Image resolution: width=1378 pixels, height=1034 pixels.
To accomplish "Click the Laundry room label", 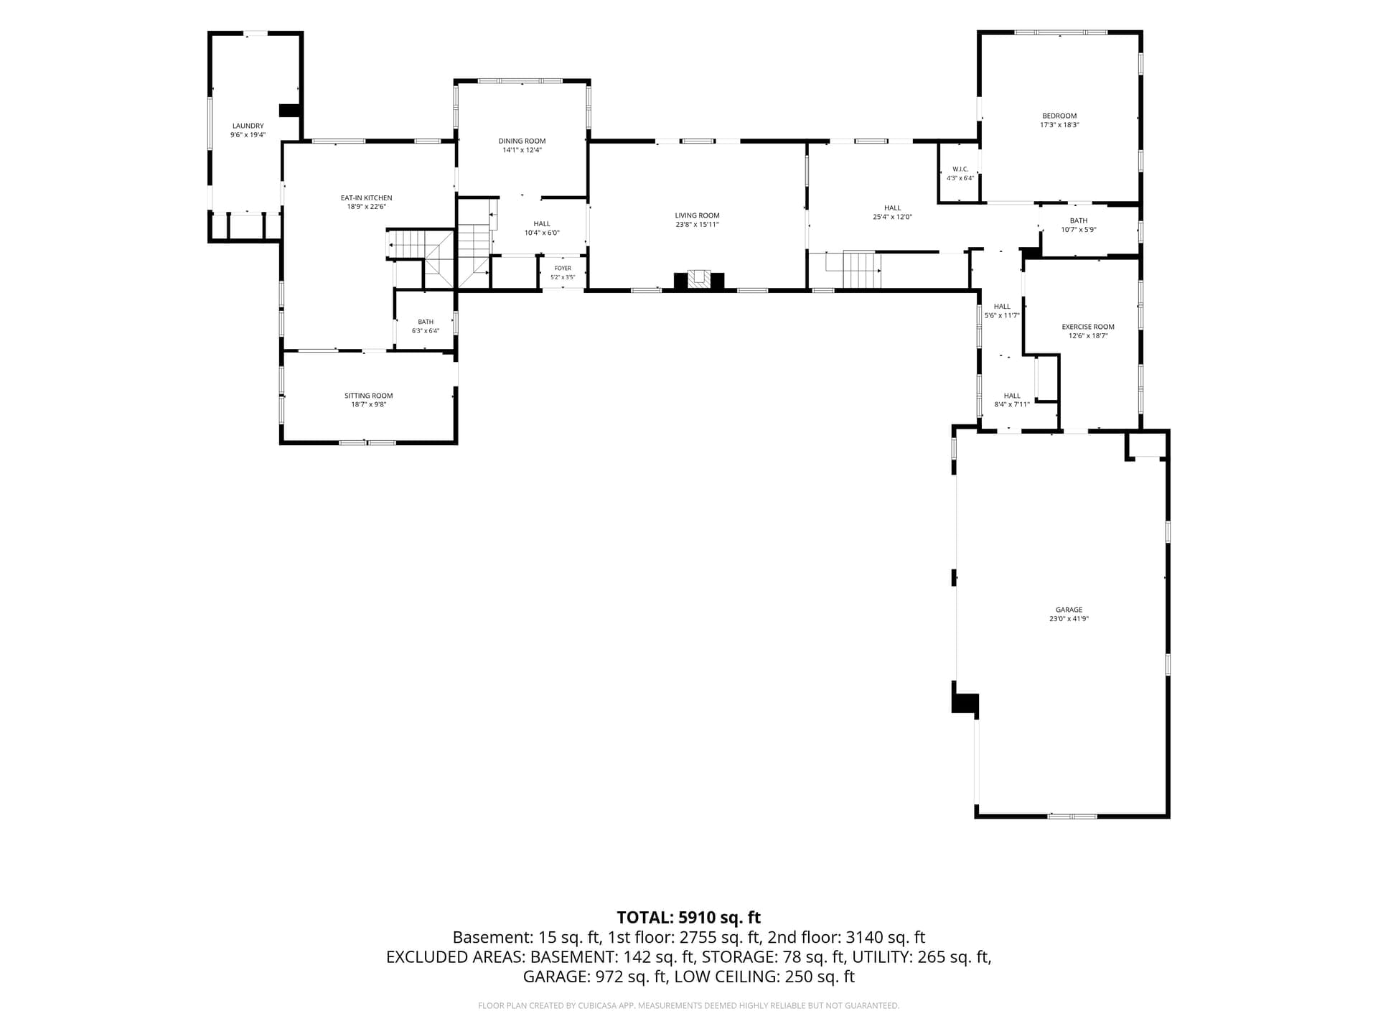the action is [x=248, y=126].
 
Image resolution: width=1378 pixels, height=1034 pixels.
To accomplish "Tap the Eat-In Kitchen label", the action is [x=366, y=198].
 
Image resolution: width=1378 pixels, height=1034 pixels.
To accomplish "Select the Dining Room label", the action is [x=522, y=141].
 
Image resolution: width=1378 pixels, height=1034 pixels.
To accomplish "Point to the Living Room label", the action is [x=697, y=215].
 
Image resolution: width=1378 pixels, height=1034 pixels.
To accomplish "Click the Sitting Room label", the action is [x=368, y=396].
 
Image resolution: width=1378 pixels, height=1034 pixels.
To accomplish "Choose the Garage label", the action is [x=1069, y=610].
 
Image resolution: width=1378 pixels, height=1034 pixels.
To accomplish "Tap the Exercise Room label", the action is [x=1088, y=327].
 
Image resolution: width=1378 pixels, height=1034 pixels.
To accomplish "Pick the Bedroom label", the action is [x=1059, y=116].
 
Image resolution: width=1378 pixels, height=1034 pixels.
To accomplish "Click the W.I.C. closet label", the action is [x=960, y=169].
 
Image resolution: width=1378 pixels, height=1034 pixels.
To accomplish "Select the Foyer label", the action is [x=563, y=269].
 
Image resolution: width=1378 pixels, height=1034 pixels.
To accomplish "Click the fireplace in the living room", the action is [x=698, y=280].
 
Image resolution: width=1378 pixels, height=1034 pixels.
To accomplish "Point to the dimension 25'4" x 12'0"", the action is [x=892, y=217].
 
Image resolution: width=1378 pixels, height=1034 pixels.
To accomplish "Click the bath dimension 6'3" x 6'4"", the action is [x=426, y=331].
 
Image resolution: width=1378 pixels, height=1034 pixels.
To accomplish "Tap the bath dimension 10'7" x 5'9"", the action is [x=1079, y=230].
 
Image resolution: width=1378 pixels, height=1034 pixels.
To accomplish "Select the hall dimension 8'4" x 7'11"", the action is [x=1012, y=404].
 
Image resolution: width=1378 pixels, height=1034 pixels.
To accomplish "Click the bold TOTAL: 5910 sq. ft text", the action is [x=688, y=918].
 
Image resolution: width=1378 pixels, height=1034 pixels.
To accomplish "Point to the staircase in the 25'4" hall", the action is [x=853, y=269].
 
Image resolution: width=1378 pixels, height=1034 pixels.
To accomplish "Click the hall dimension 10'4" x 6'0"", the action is [x=542, y=233].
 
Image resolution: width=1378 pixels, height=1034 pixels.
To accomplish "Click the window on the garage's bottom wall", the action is [x=1072, y=816].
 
